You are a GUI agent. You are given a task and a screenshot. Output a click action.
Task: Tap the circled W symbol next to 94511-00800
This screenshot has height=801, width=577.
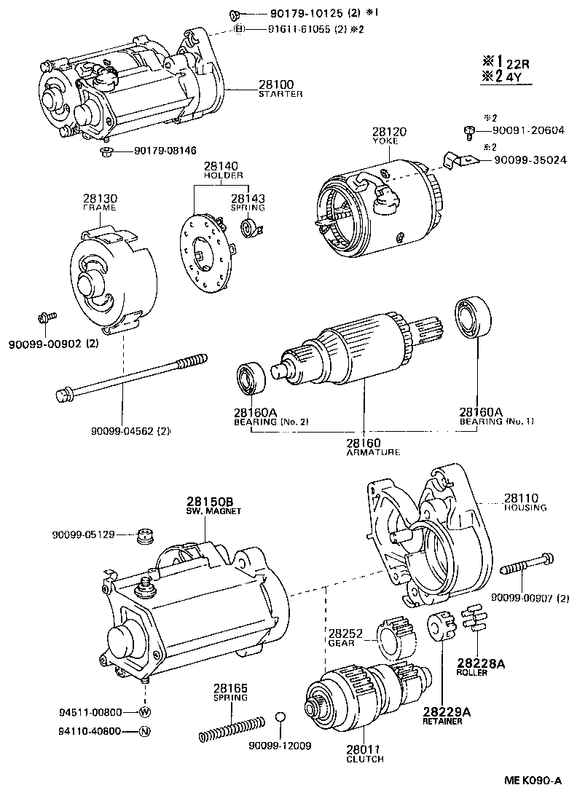tap(144, 711)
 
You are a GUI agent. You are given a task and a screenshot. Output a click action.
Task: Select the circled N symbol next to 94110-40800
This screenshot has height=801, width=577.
tap(144, 731)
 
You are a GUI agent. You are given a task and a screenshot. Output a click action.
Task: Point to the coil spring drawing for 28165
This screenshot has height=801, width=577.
tap(231, 727)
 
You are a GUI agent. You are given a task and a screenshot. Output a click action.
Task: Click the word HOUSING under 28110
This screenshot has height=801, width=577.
tap(524, 508)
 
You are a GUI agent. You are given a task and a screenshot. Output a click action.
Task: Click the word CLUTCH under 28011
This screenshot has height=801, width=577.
tap(364, 759)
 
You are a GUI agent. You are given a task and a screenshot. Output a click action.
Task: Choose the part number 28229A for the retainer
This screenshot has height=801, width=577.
tap(442, 711)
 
